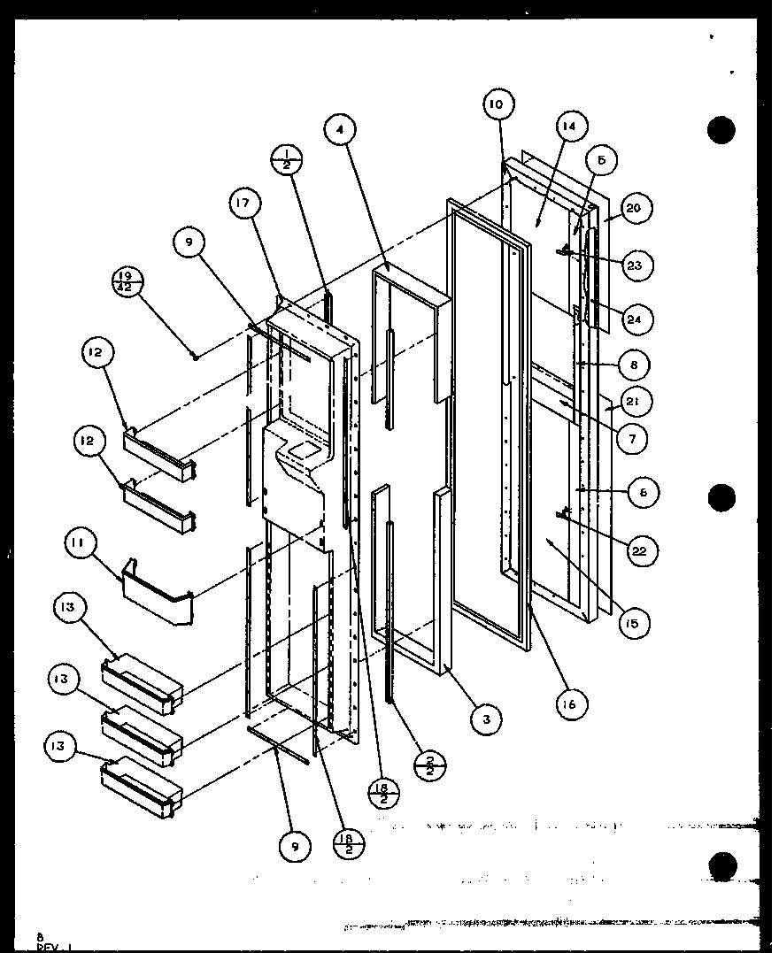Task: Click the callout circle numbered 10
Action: tap(497, 104)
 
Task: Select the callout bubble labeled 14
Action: tap(567, 127)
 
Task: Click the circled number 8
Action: tap(635, 365)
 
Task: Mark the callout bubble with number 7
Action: tap(632, 437)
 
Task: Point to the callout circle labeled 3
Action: tap(485, 719)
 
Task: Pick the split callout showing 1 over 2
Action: tap(286, 160)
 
